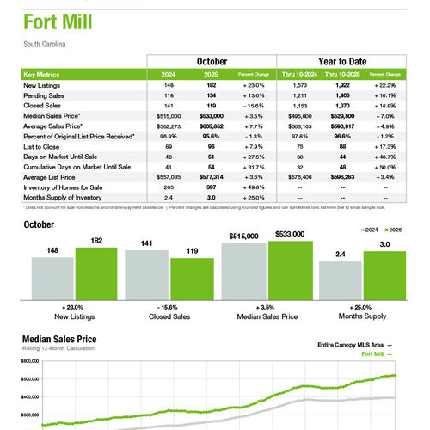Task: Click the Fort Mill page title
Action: click(59, 21)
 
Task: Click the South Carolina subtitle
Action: click(45, 44)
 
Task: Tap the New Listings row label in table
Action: click(41, 86)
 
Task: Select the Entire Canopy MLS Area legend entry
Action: click(348, 345)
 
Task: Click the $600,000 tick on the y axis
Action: click(31, 363)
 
